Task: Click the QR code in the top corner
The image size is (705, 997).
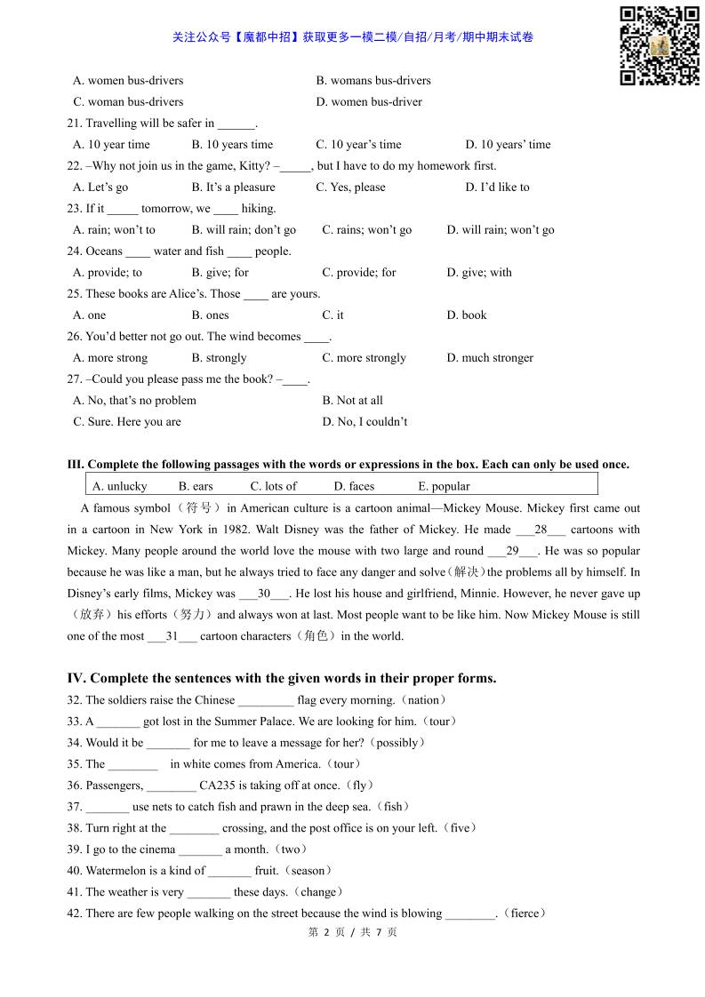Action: [x=659, y=46]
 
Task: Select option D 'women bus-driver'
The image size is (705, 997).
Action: [x=369, y=101]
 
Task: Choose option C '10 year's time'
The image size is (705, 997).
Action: [x=358, y=144]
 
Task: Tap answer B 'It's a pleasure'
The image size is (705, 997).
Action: [x=233, y=187]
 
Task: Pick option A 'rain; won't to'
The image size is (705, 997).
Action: [x=114, y=229]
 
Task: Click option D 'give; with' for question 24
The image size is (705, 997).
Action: [x=479, y=272]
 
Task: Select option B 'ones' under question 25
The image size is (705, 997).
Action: [x=210, y=315]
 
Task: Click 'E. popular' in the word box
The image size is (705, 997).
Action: [x=444, y=486]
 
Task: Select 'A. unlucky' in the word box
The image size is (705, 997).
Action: [x=120, y=486]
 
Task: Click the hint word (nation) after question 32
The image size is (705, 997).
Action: [x=424, y=700]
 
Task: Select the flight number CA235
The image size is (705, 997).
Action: [x=220, y=786]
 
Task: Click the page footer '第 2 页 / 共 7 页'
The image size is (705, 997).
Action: [x=352, y=932]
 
